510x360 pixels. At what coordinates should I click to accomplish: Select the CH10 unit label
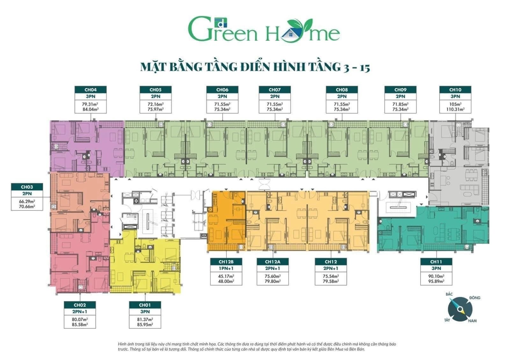click(455, 90)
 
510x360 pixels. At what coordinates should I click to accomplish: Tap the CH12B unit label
click(226, 262)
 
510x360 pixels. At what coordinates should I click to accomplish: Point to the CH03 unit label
click(27, 187)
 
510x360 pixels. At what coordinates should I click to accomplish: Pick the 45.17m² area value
click(226, 276)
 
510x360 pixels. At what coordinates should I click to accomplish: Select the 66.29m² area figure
click(27, 201)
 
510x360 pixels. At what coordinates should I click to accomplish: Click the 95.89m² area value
click(436, 281)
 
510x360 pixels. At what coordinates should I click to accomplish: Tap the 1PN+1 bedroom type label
click(226, 268)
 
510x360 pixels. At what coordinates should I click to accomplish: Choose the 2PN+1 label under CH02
click(80, 312)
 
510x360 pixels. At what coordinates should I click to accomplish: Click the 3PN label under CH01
click(145, 312)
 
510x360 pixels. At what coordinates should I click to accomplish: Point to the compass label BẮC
click(449, 294)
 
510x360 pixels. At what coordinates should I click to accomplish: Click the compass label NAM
click(472, 321)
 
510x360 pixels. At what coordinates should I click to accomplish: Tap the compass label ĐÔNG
click(475, 298)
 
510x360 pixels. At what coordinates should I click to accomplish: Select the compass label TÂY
click(447, 320)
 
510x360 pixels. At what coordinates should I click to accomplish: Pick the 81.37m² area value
click(145, 320)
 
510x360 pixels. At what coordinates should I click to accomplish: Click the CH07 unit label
click(274, 90)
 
